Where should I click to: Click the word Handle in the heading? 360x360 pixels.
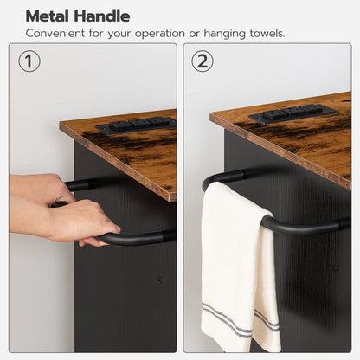101,16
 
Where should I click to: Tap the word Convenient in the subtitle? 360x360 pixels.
55,33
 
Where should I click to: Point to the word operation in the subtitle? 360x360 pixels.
160,34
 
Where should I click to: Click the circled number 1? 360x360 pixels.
29,61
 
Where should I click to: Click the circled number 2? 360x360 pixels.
202,61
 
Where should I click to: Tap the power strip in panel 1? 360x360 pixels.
136,125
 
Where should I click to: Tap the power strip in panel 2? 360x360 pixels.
292,113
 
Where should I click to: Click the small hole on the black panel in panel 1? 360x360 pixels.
160,280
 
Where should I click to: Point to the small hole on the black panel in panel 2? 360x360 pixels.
335,267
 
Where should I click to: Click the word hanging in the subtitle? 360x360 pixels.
224,34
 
